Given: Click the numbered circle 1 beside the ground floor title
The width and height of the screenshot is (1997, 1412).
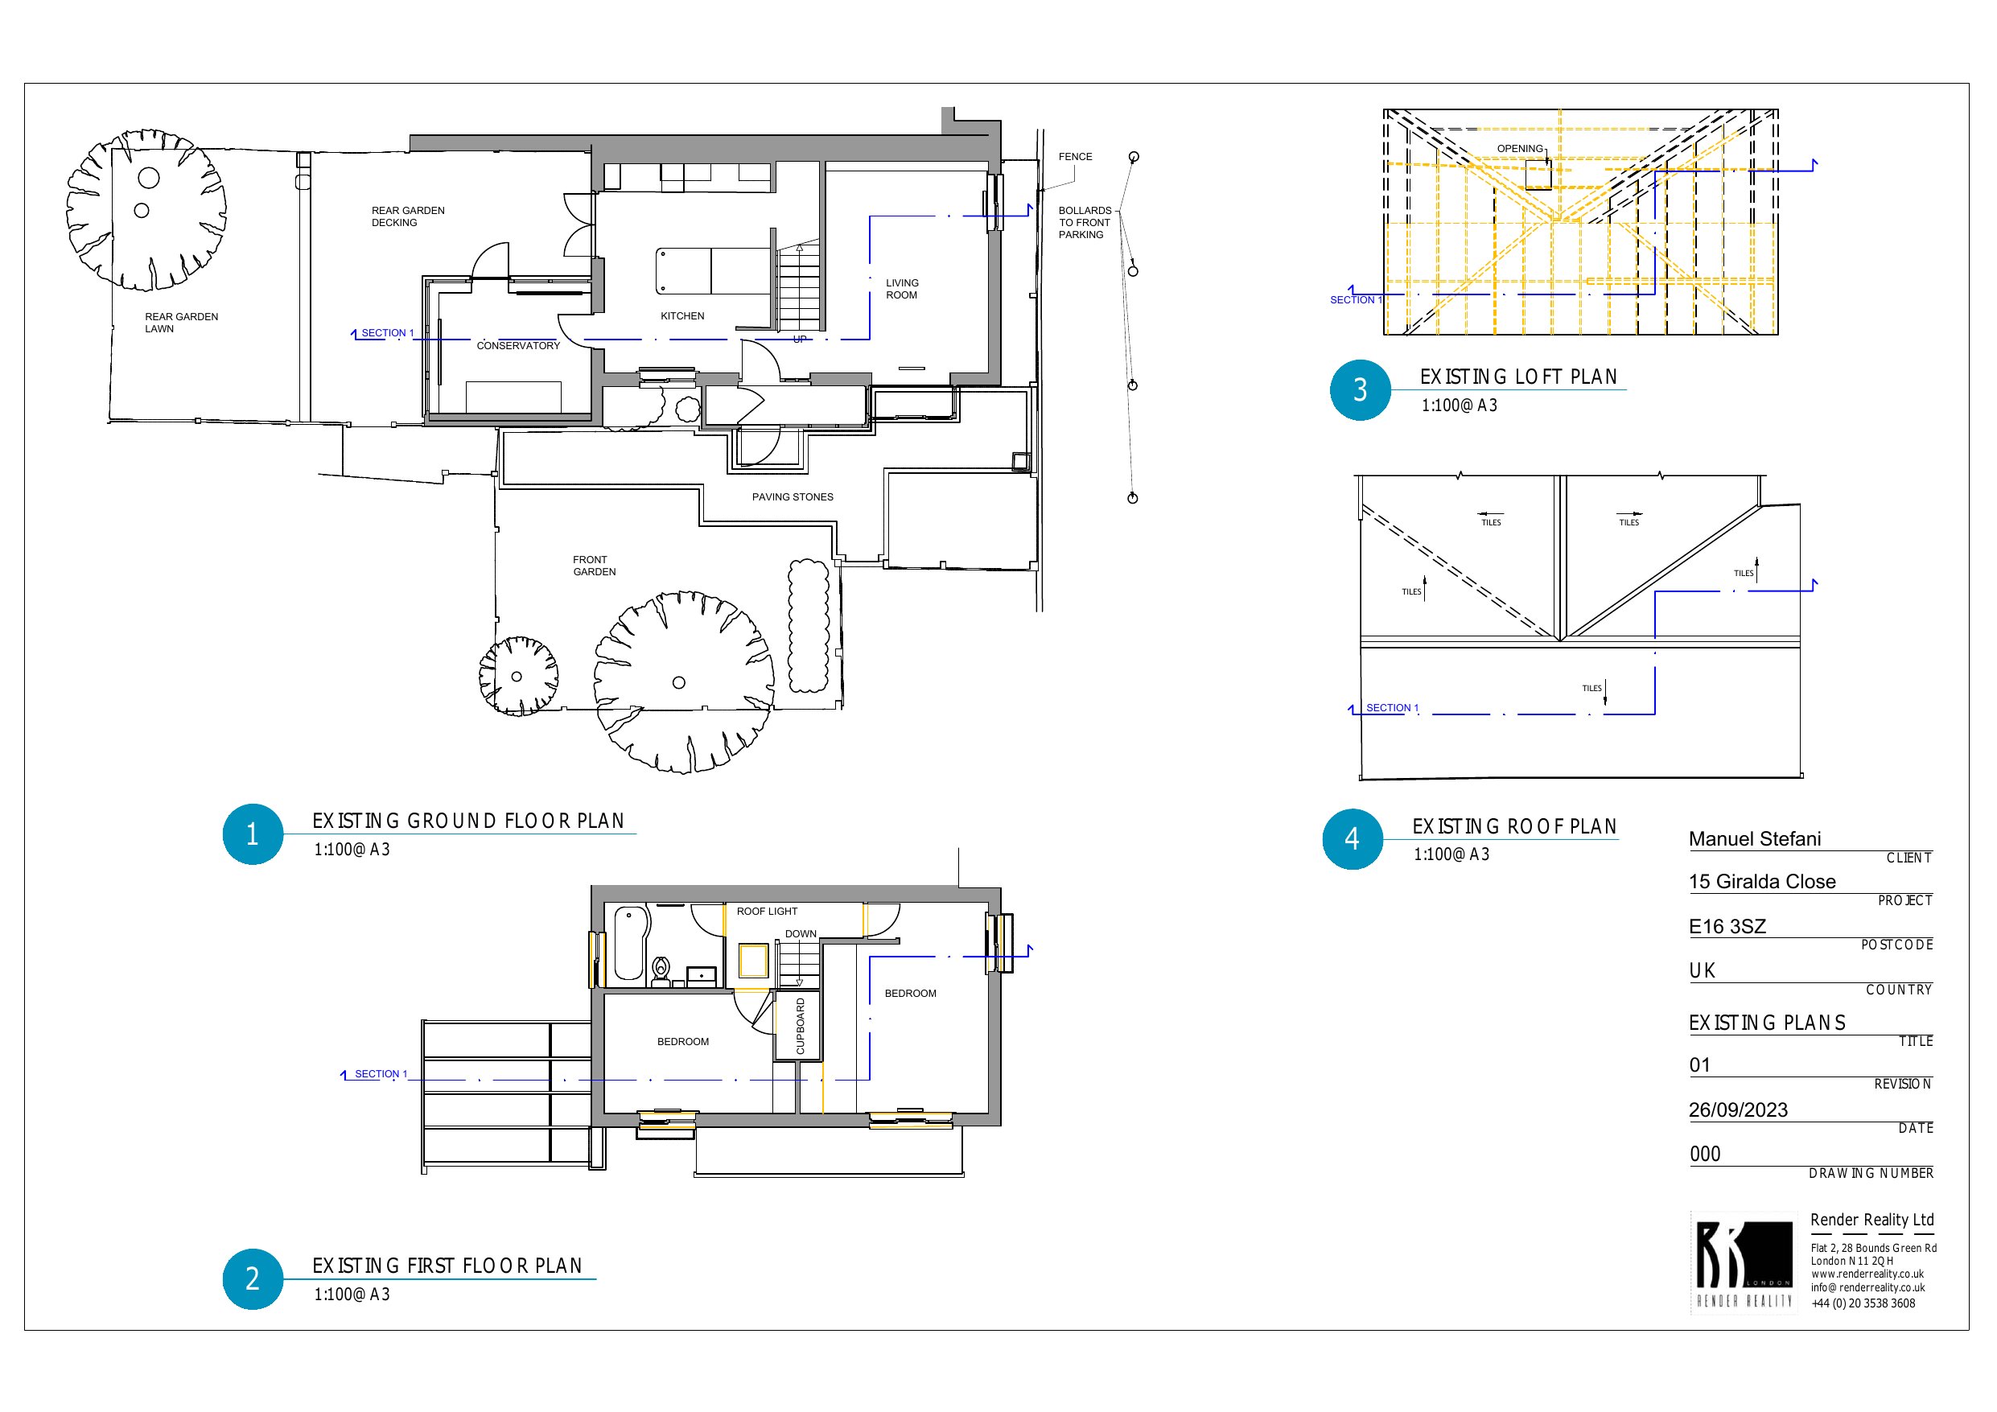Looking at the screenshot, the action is [x=252, y=834].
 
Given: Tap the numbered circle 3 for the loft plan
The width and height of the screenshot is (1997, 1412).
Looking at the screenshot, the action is [x=1361, y=389].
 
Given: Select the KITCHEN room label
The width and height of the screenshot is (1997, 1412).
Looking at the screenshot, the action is [x=683, y=316].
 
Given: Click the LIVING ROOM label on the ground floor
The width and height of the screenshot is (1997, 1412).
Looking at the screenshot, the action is [x=902, y=289].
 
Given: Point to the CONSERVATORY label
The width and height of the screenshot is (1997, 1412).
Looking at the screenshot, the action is [x=518, y=345].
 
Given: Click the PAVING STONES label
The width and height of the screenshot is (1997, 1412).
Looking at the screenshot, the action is [x=793, y=496].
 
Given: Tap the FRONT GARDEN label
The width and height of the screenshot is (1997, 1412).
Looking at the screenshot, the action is [x=594, y=566].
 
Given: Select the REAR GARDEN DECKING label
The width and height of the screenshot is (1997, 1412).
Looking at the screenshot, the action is [x=408, y=216].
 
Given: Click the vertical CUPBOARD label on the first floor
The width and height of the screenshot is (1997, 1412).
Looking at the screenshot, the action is [x=801, y=1027].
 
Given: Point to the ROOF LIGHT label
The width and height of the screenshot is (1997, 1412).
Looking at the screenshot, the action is [x=767, y=911].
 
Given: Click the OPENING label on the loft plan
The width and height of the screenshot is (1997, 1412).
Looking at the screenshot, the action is [x=1520, y=149].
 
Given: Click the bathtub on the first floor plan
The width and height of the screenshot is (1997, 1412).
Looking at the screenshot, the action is [x=630, y=943].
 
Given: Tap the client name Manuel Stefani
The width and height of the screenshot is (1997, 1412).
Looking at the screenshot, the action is [x=1754, y=838].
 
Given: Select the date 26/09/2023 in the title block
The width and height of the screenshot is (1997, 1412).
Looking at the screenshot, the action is [x=1738, y=1109].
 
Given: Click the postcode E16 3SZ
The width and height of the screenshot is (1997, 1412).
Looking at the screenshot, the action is [x=1727, y=926].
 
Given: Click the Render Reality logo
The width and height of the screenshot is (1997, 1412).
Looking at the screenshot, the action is [x=1744, y=1262].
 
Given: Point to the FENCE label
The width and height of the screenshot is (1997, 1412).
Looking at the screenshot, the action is [x=1075, y=157].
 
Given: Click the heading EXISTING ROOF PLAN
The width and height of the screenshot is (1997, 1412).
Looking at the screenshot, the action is [x=1514, y=826].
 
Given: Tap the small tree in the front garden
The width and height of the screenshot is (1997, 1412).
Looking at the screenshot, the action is [x=517, y=676].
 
